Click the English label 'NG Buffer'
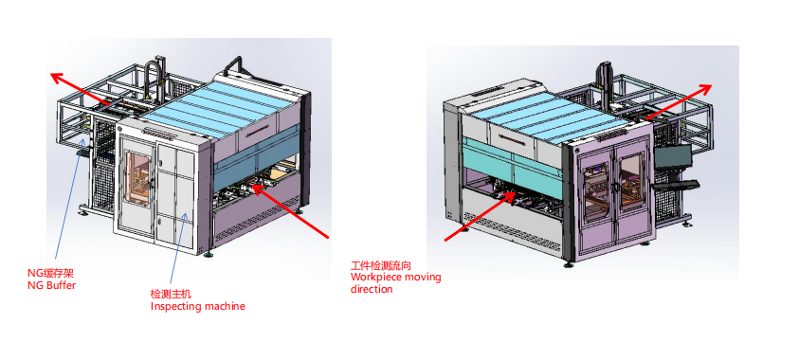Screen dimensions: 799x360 [x=51, y=285]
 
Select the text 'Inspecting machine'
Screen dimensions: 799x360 [x=197, y=306]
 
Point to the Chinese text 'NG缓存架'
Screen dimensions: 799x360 [x=46, y=275]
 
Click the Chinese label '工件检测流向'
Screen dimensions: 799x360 [x=381, y=266]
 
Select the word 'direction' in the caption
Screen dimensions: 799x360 [x=372, y=289]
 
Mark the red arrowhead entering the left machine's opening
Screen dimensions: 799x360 [x=259, y=189]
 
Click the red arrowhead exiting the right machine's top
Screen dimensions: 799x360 [x=705, y=89]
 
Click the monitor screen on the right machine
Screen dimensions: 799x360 [x=674, y=155]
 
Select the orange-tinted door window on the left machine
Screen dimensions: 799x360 [x=137, y=178]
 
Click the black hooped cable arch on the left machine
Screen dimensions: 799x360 [x=153, y=77]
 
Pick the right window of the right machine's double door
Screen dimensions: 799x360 [x=632, y=181]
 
